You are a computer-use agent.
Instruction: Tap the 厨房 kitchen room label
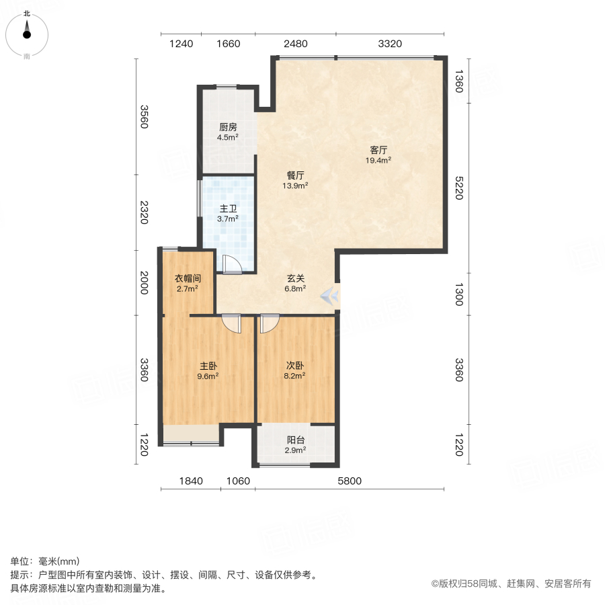coord(227,127)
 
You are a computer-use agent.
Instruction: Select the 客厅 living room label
coord(378,151)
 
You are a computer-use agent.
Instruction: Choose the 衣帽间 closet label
coord(188,278)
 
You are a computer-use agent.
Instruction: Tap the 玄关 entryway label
coord(296,278)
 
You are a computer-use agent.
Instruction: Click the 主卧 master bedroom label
coord(208,366)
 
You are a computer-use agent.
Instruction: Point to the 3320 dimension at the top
coord(390,44)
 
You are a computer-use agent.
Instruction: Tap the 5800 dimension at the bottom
coord(350,481)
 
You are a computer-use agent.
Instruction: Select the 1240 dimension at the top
coord(181,44)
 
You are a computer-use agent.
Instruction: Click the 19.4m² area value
coord(378,161)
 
